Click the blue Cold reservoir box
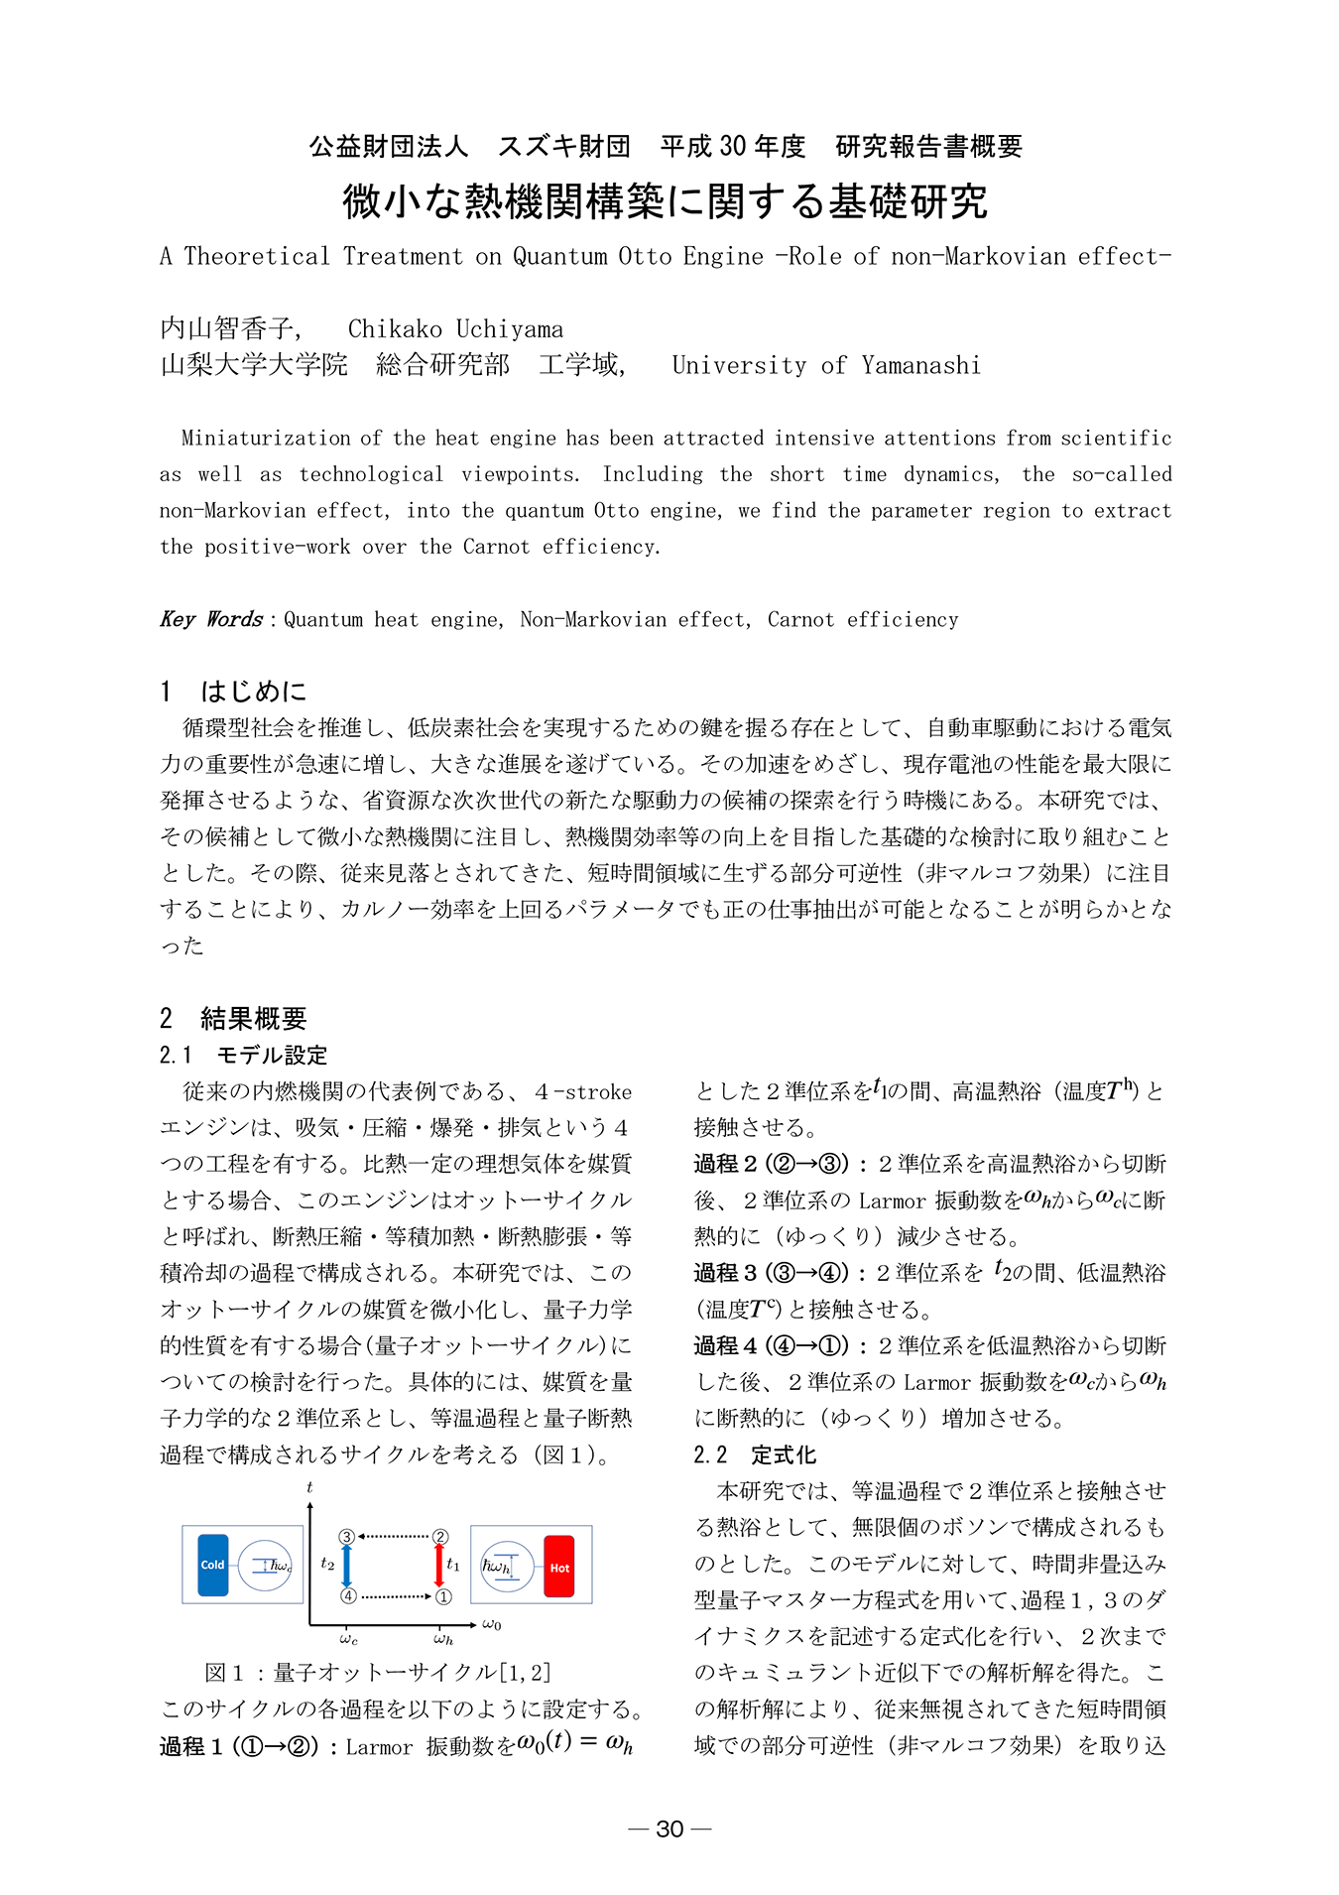point(212,1565)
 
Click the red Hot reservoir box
point(559,1567)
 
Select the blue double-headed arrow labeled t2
point(346,1566)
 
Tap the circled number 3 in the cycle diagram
point(346,1536)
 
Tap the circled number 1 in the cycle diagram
point(444,1596)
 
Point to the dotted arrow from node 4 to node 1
point(396,1596)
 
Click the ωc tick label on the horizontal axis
point(348,1638)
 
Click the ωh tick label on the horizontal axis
point(443,1638)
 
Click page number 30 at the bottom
point(669,1829)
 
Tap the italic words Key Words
point(211,619)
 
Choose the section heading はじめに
point(254,691)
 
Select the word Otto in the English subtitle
point(645,257)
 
